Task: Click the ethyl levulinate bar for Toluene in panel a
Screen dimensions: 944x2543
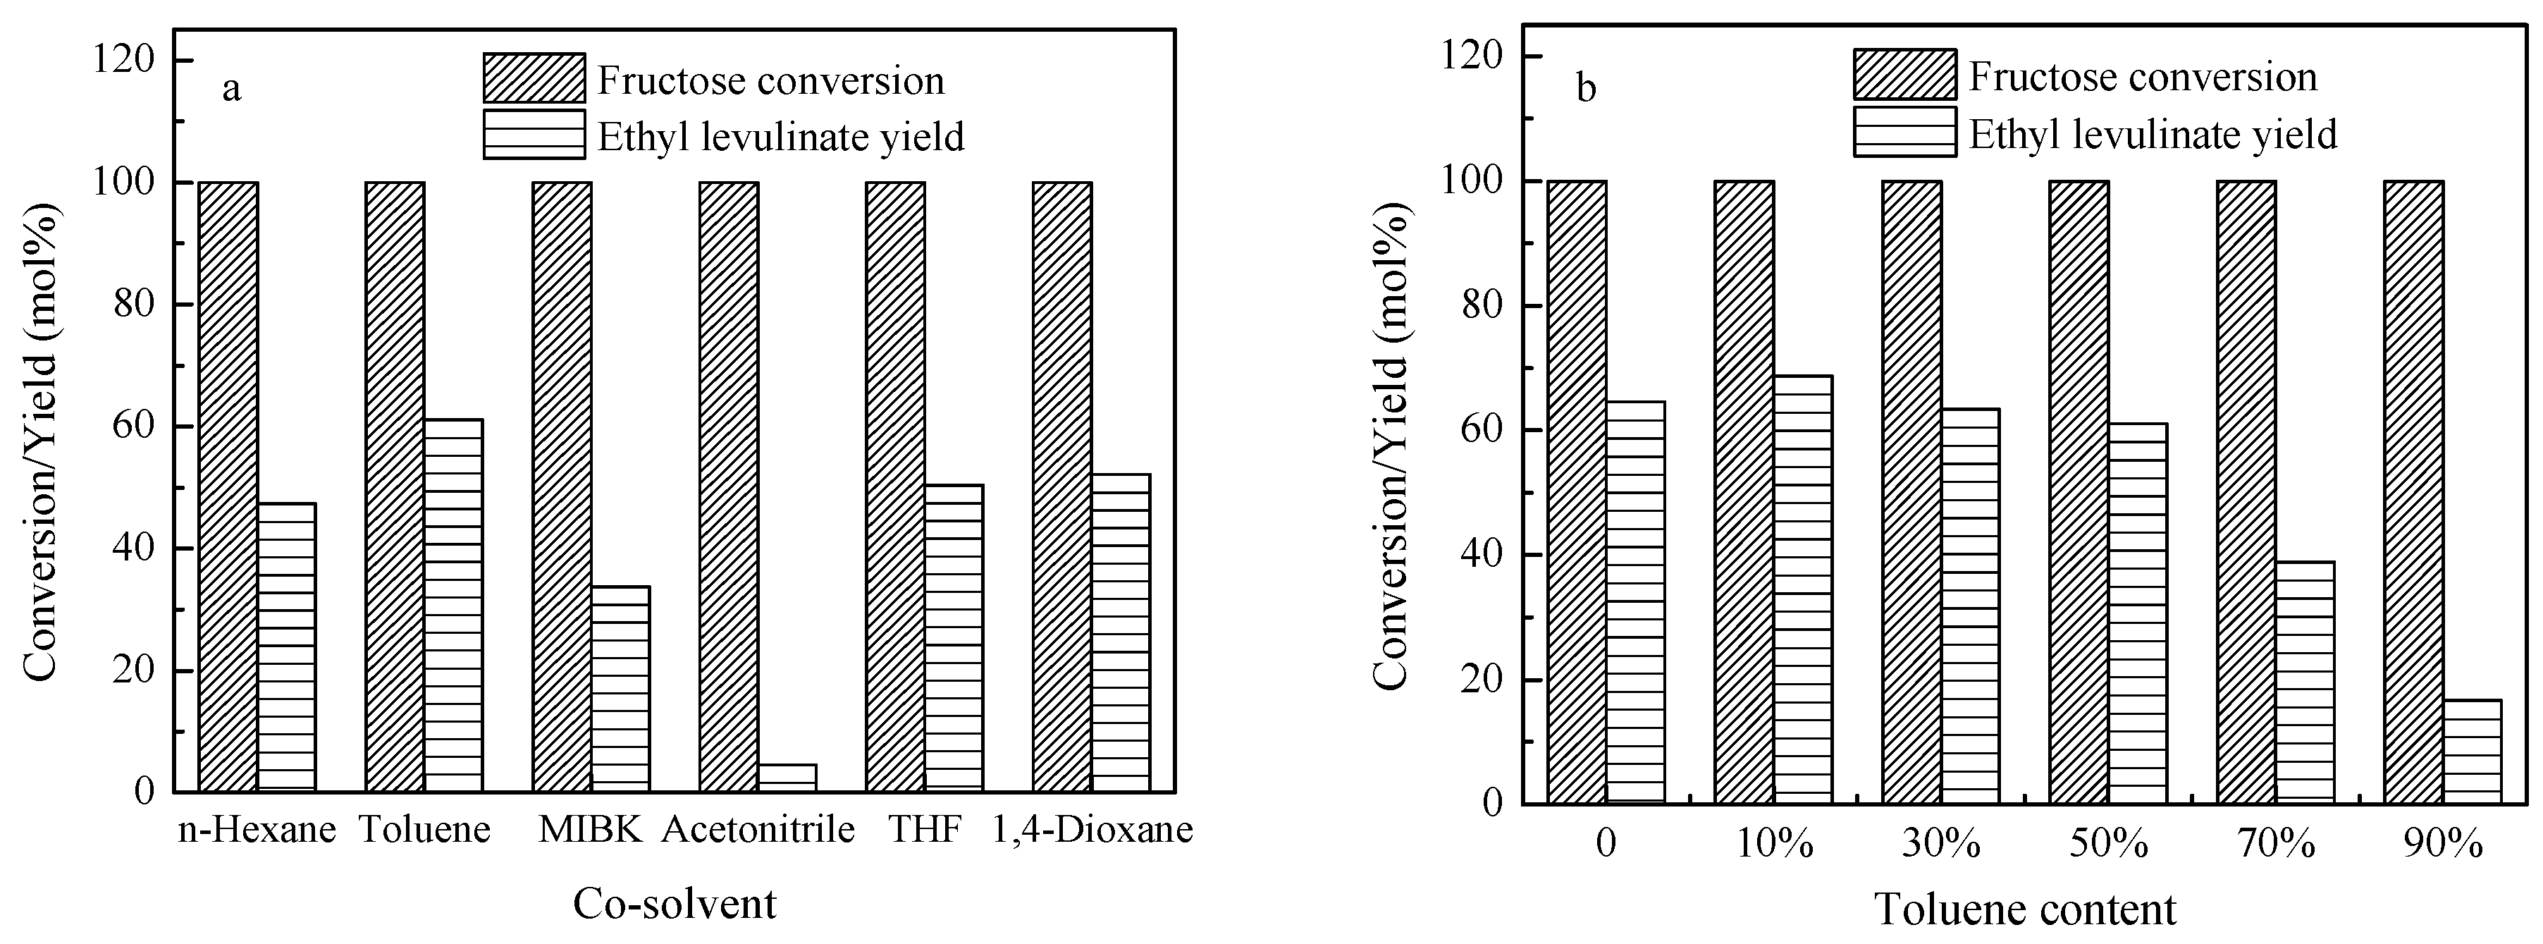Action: point(453,604)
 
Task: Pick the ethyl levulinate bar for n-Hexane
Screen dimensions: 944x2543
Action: point(286,646)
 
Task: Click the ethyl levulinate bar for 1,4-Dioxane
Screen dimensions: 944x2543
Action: point(1121,632)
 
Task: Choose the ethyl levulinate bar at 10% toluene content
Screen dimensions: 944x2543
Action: point(1803,589)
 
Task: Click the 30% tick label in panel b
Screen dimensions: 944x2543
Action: point(1941,845)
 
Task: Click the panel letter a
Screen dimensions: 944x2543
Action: point(231,89)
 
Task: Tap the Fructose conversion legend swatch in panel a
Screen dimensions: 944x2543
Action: point(534,78)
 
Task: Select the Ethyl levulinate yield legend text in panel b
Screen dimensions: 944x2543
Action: point(2153,134)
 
